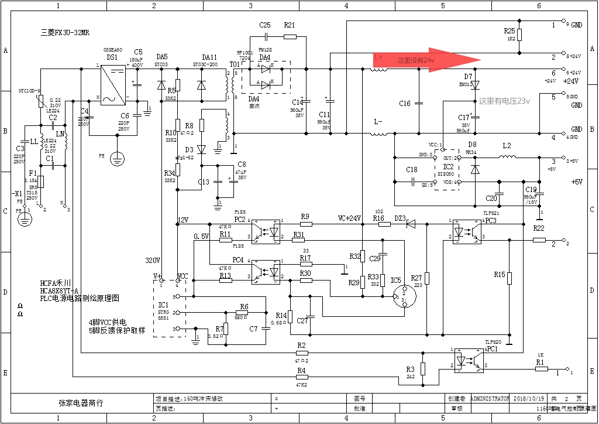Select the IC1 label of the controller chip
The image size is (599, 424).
[163, 305]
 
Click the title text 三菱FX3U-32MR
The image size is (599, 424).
[65, 32]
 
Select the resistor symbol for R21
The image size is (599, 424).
[290, 37]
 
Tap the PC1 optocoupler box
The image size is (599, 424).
[468, 359]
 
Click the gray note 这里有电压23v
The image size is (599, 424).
[504, 101]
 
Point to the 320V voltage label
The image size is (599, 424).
[153, 260]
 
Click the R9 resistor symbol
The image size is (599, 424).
[305, 224]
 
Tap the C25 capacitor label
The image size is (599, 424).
[264, 25]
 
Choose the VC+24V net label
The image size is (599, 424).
[349, 218]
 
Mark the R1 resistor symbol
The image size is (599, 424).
[541, 369]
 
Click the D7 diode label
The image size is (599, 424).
[468, 77]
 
